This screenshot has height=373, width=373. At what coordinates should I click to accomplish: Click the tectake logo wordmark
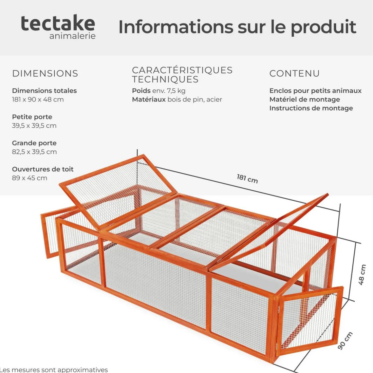(x=58, y=23)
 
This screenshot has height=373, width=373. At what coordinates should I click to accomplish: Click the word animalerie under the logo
(x=73, y=36)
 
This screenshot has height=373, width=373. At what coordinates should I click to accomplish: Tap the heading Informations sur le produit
(x=237, y=27)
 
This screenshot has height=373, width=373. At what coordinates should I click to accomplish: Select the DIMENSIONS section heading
(x=45, y=74)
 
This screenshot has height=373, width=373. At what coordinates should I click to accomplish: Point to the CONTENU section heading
(x=295, y=74)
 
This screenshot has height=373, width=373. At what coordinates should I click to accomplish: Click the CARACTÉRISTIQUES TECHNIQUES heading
(x=182, y=75)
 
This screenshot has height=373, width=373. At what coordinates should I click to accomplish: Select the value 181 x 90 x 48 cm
(x=38, y=99)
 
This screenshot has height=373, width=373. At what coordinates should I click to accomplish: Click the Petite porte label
(x=32, y=117)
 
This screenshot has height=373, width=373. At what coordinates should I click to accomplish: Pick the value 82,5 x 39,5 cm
(x=34, y=152)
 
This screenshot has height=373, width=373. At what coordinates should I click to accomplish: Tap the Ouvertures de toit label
(x=43, y=169)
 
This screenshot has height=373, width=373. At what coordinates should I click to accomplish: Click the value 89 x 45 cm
(x=30, y=178)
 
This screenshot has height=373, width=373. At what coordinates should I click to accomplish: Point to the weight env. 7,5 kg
(x=169, y=91)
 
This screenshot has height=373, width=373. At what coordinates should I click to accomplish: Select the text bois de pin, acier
(x=195, y=99)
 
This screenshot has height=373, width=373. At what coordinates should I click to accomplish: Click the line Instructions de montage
(x=311, y=108)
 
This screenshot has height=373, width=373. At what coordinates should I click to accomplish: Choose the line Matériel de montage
(x=305, y=99)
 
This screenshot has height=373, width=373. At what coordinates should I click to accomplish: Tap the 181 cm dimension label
(x=247, y=179)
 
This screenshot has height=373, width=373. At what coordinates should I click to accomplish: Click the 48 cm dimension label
(x=362, y=275)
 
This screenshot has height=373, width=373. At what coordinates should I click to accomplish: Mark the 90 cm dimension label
(x=345, y=341)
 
